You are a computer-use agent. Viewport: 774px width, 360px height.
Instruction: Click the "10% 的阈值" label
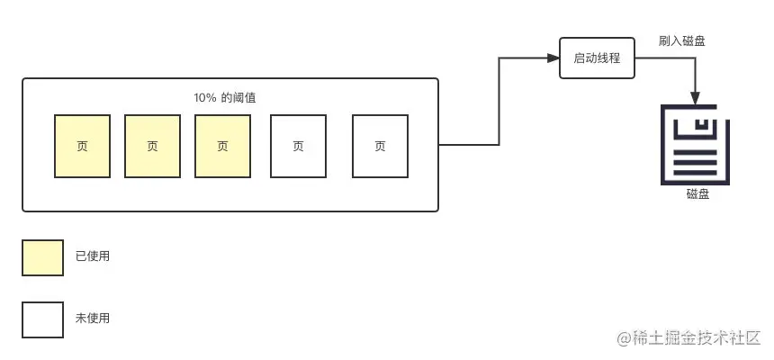click(x=231, y=97)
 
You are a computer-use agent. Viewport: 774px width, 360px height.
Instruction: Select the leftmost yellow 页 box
click(x=82, y=146)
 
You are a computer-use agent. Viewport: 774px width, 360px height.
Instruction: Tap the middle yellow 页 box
click(x=152, y=146)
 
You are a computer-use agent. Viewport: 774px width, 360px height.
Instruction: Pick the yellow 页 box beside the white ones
click(x=222, y=146)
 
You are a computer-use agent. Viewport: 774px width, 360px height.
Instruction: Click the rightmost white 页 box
click(x=380, y=146)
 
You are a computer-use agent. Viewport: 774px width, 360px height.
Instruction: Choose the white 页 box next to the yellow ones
click(x=299, y=146)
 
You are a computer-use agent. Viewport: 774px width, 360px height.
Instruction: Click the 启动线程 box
click(x=597, y=58)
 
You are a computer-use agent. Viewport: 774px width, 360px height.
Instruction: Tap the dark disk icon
click(x=695, y=145)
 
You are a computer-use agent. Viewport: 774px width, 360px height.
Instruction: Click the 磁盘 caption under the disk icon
click(x=697, y=193)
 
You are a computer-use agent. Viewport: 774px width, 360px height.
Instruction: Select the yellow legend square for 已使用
click(x=42, y=257)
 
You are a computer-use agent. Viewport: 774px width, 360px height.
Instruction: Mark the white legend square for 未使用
click(x=42, y=319)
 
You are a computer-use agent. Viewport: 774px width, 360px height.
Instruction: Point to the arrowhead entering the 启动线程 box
click(x=553, y=58)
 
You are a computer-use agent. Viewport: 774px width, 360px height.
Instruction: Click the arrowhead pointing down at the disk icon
click(x=695, y=98)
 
